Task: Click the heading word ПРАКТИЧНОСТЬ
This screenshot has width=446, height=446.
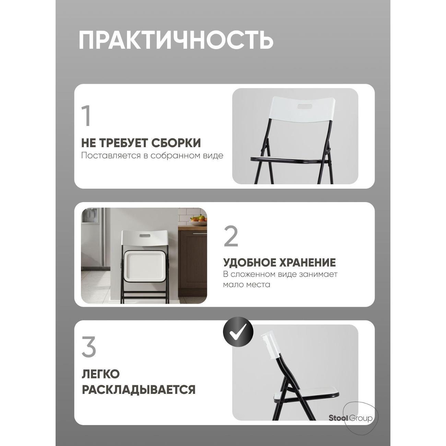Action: point(176,40)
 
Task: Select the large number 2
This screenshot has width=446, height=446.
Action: point(231,237)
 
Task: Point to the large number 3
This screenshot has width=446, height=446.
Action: point(89,347)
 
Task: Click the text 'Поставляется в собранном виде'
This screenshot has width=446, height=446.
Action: point(152,155)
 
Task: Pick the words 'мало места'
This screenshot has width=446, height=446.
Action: point(246,284)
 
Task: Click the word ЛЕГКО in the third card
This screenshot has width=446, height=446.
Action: point(100,374)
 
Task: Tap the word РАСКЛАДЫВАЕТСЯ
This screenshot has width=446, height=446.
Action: point(139,390)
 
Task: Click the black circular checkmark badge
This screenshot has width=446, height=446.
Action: point(238,332)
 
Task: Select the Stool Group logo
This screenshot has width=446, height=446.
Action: point(350,418)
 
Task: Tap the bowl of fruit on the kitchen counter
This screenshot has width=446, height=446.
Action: point(198,221)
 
